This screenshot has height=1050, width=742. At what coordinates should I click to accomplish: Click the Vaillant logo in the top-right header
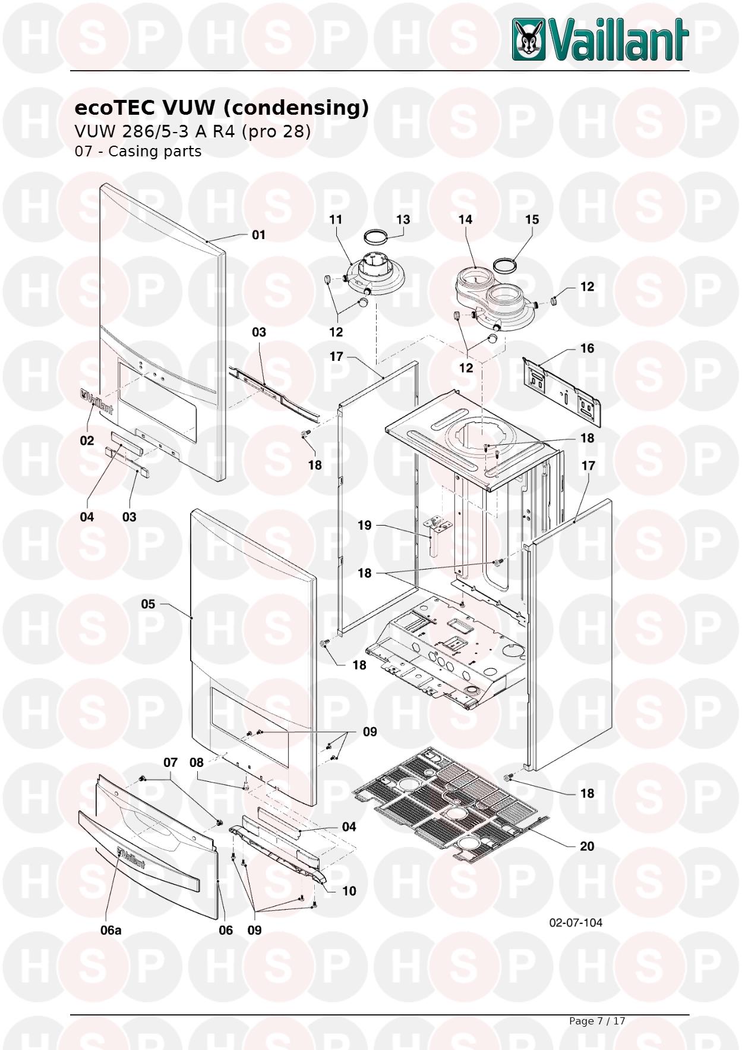click(600, 39)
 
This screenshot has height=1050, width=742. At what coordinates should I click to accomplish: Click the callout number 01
click(258, 235)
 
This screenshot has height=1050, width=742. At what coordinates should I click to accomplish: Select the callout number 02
click(87, 441)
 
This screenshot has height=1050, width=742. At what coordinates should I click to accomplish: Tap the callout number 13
click(403, 219)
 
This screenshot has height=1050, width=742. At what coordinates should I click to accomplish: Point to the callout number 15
click(532, 219)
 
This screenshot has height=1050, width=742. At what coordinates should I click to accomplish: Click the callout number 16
click(587, 348)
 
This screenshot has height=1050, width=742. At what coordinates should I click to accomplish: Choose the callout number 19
click(364, 525)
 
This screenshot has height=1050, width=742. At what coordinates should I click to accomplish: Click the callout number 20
click(586, 846)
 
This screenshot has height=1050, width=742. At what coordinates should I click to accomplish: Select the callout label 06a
click(110, 930)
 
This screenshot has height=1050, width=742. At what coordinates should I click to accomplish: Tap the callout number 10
click(349, 891)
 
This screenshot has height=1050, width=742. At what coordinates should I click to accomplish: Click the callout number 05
click(148, 604)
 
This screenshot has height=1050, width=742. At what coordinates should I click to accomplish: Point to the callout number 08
click(196, 762)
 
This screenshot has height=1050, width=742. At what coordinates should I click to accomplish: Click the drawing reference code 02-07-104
click(576, 922)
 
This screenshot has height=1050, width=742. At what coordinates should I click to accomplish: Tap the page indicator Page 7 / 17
click(597, 1021)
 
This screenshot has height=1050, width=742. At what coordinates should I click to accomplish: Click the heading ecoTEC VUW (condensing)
click(222, 108)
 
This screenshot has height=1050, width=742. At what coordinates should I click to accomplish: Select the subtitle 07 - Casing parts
click(138, 151)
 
